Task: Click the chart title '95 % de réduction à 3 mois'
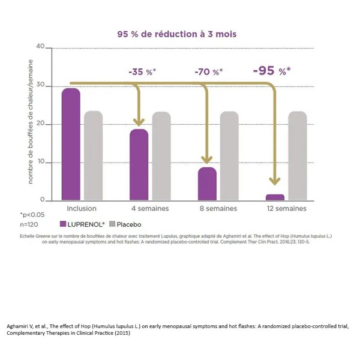176,34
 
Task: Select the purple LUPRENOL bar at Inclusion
71,144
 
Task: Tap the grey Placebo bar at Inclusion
94,155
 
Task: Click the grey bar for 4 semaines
161,155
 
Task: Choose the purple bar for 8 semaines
207,184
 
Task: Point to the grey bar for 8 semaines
229,155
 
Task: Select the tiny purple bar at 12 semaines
275,197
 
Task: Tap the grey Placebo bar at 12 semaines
297,155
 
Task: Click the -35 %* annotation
142,72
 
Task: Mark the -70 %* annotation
209,72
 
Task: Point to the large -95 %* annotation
271,71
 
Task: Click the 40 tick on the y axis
41,47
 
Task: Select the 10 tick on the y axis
41,163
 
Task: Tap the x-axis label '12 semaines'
286,209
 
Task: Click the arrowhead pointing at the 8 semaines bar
207,160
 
